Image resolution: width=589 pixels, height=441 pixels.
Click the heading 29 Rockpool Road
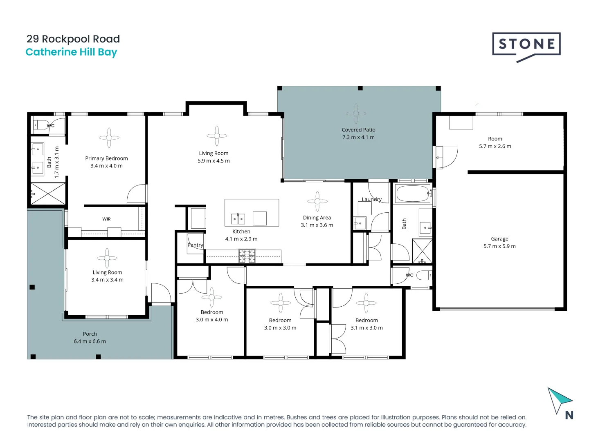pyautogui.click(x=73, y=39)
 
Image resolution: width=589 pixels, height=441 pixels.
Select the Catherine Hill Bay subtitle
pyautogui.click(x=71, y=52)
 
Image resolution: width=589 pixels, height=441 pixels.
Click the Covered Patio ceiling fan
pyautogui.click(x=356, y=113)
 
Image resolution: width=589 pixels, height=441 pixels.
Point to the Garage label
pyautogui.click(x=499, y=239)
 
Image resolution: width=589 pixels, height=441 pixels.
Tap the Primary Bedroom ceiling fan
pyautogui.click(x=109, y=138)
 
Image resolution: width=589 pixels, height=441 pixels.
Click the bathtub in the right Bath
pyautogui.click(x=413, y=194)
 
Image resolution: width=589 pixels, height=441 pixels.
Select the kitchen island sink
pyautogui.click(x=238, y=219)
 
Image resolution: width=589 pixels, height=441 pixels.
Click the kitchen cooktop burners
pyautogui.click(x=247, y=256)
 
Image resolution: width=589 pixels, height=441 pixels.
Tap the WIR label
pyautogui.click(x=106, y=219)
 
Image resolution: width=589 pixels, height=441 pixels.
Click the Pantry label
pyautogui.click(x=195, y=245)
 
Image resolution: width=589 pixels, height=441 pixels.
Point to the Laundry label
pyautogui.click(x=371, y=199)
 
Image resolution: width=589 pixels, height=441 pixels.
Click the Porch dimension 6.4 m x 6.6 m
pyautogui.click(x=90, y=341)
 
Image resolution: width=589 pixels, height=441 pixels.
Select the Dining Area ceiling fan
pyautogui.click(x=317, y=201)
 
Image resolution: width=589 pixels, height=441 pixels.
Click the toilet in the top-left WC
pyautogui.click(x=40, y=125)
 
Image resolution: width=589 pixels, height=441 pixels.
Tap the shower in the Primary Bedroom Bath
pyautogui.click(x=48, y=194)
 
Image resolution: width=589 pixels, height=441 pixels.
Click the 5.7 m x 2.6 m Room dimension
pyautogui.click(x=495, y=146)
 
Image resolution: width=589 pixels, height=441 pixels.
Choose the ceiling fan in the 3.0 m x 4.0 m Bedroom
pyautogui.click(x=211, y=297)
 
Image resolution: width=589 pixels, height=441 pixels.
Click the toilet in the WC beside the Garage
pyautogui.click(x=425, y=275)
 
